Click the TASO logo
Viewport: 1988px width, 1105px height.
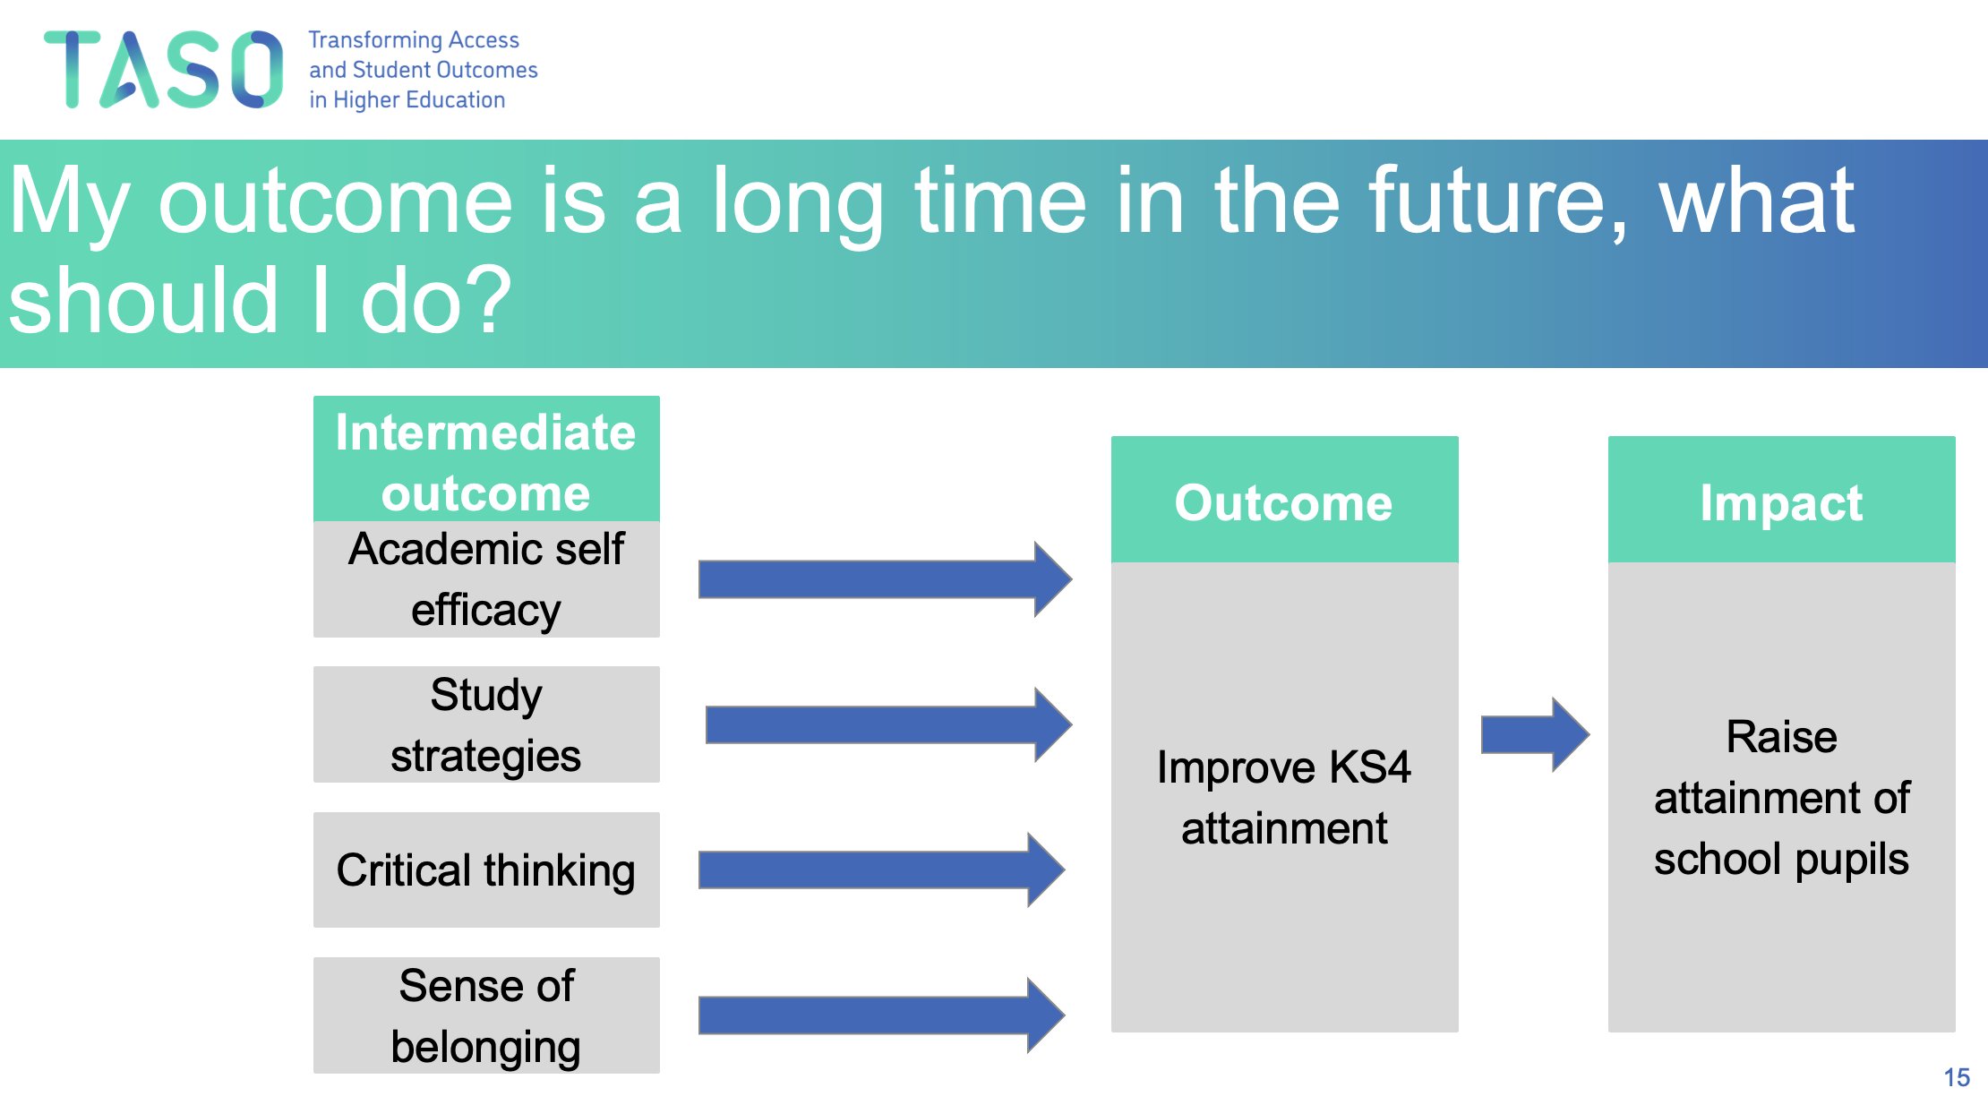163,69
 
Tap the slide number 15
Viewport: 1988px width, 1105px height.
1957,1077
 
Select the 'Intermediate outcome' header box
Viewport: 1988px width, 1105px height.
486,459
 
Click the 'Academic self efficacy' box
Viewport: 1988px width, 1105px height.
486,579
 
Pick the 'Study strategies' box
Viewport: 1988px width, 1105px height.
486,724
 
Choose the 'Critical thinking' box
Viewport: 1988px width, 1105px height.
486,869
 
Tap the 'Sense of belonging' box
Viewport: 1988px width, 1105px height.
486,1015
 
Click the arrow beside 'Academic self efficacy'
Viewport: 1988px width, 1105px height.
885,579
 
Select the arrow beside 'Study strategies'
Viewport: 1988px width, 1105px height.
888,724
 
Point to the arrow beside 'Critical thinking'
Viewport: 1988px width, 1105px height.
881,869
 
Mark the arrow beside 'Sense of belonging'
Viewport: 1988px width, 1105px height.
881,1015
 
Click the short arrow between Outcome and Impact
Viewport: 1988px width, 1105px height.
1535,734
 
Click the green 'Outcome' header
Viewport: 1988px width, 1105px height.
1285,500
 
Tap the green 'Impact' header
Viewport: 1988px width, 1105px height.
1782,500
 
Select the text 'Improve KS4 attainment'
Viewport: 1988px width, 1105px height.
1284,797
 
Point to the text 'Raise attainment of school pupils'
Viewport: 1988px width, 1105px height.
1782,797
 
